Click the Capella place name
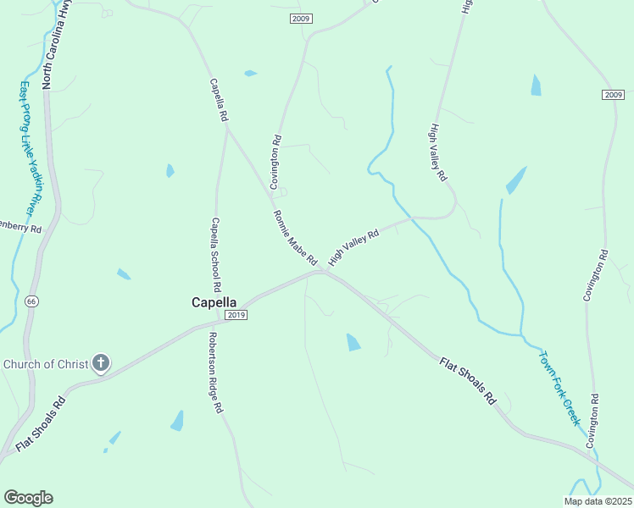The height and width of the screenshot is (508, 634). coord(214,301)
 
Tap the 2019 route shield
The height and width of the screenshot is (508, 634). coord(236,315)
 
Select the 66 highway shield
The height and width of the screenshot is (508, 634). coord(31,301)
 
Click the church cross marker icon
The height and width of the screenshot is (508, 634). coord(101,364)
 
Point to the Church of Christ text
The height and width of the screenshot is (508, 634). coord(46,365)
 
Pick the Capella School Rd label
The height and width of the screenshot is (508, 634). coord(215,255)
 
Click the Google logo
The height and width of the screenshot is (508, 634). coord(28,498)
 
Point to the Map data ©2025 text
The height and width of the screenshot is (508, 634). coord(598,501)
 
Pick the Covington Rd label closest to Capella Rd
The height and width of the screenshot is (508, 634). coord(275,162)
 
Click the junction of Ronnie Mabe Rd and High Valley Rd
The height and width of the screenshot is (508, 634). coord(325,271)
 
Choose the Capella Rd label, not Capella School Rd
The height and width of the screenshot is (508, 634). coord(219,99)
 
